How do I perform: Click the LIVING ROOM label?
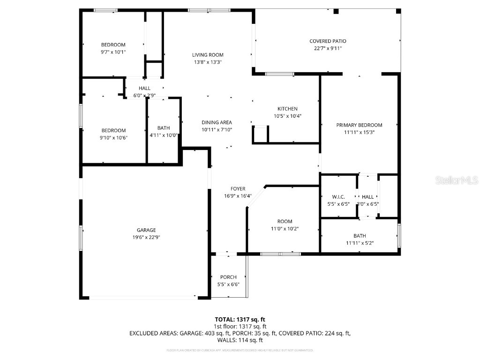[208, 55]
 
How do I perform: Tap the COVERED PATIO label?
[328, 41]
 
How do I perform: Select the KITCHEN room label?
[287, 109]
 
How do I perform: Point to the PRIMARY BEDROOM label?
[359, 125]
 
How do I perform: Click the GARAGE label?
[146, 230]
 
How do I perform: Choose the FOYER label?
[238, 189]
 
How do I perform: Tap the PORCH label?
[228, 277]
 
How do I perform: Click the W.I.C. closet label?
[338, 197]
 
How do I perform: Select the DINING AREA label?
[217, 122]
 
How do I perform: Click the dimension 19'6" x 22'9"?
[146, 237]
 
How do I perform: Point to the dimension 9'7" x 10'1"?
[113, 52]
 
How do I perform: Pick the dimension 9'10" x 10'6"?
[113, 137]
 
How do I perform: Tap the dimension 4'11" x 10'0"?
[164, 135]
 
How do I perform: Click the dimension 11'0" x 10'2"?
[285, 229]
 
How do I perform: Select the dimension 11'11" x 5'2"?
[360, 243]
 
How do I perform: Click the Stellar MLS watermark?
[456, 180]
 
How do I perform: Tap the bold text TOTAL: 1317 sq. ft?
[240, 320]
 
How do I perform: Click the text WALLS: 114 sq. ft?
[240, 340]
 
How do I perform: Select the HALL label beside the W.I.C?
[367, 197]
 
